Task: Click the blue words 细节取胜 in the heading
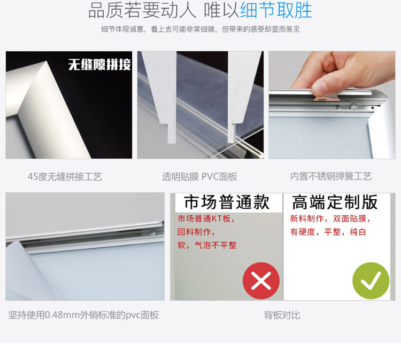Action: coord(276,11)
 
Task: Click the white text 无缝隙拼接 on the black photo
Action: coord(99,65)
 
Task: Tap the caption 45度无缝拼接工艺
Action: coord(65,176)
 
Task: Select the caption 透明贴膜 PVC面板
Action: coord(199,176)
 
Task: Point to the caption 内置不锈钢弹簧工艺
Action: coord(331,176)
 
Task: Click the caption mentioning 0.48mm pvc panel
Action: coord(83,315)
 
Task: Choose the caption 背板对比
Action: coord(282,315)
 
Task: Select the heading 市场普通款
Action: coord(227,202)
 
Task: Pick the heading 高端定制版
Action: coord(335,202)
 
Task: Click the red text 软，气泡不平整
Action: coord(207,245)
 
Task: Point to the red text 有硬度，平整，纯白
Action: coord(328,232)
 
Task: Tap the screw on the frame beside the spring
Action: coord(354,107)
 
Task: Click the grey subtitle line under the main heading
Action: coord(200,29)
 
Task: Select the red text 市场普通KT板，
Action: coord(206,218)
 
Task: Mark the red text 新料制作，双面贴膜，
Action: coord(330,218)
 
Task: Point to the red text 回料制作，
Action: coord(196,232)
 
